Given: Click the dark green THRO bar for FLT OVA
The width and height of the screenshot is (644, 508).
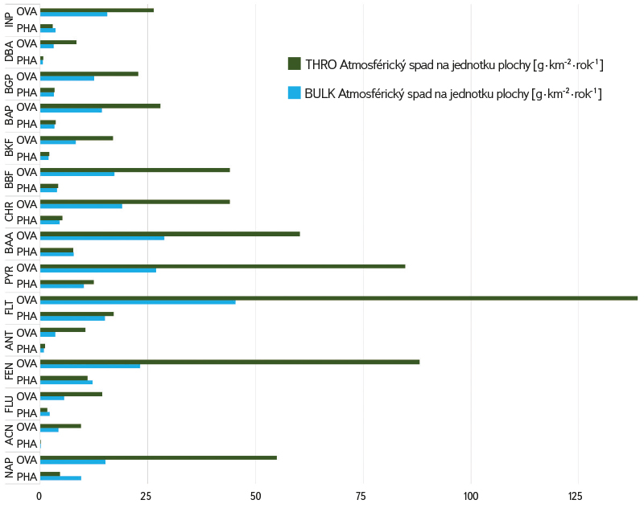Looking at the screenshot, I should coord(338,298).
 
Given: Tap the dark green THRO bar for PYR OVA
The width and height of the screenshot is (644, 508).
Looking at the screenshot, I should coord(222,266).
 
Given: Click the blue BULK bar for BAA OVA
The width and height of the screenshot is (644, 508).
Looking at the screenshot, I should coord(102,238).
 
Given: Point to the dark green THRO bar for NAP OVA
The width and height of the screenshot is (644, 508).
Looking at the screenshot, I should coord(158,457).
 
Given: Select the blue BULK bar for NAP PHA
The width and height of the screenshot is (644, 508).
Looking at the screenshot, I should coord(60,478).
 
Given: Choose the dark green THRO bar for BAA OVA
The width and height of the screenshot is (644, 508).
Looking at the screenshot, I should coord(170,234).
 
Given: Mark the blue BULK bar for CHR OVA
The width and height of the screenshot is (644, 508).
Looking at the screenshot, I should coord(81,206).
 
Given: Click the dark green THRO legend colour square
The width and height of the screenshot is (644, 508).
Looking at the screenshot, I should coord(295,64).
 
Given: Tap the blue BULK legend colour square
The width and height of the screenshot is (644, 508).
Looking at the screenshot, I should coord(295,93).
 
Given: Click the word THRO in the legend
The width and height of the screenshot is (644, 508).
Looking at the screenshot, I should coord(320,64).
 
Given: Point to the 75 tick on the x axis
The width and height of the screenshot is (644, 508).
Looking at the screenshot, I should coord(362,497).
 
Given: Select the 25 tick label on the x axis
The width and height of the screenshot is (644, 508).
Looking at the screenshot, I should coord(147,497).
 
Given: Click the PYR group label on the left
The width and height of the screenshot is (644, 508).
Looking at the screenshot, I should coord(9,275).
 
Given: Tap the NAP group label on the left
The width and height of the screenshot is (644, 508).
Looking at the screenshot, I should coord(9,468).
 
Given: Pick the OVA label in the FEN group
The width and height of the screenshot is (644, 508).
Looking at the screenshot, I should coord(27,363).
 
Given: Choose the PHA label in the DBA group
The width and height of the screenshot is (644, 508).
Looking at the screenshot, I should coord(27,60).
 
